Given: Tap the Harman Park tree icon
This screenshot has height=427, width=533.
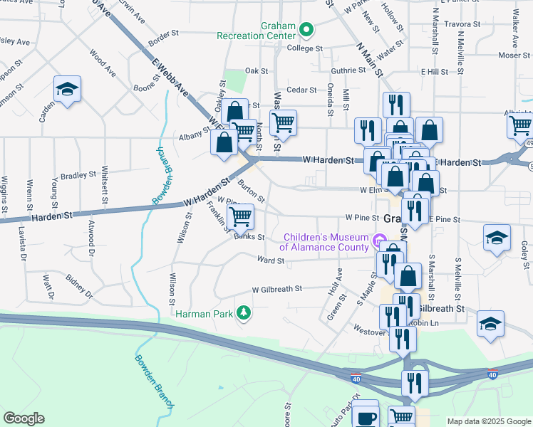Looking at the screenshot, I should tap(244, 312).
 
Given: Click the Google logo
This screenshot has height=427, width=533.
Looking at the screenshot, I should tap(24, 418).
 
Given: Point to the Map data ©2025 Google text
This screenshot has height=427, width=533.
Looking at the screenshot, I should tap(488, 421).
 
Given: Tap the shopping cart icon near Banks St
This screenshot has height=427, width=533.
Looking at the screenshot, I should tap(241, 216).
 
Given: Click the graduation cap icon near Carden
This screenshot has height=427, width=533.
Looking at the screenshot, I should tap(67, 89).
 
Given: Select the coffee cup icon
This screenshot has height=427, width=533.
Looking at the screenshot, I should tap(366, 417).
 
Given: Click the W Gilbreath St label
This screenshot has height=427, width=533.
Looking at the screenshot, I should tap(277, 289).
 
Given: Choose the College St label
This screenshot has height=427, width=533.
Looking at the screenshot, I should tap(304, 48).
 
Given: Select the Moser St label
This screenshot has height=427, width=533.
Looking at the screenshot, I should tap(509, 55).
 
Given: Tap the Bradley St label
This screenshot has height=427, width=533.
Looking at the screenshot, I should tap(78, 174).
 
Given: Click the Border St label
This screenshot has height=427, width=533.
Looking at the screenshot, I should tap(163, 33).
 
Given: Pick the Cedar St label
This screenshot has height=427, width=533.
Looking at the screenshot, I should tap(301, 90).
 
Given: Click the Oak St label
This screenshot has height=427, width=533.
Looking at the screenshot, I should tap(256, 71).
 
